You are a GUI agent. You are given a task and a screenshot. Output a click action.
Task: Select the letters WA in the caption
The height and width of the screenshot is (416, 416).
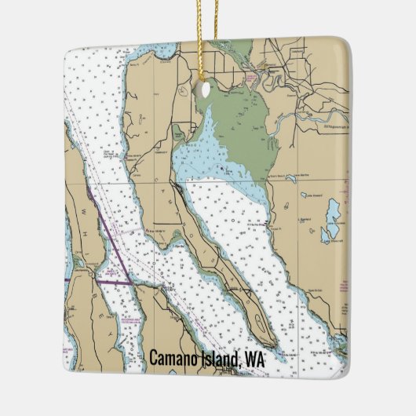pyautogui.click(x=255, y=359)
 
